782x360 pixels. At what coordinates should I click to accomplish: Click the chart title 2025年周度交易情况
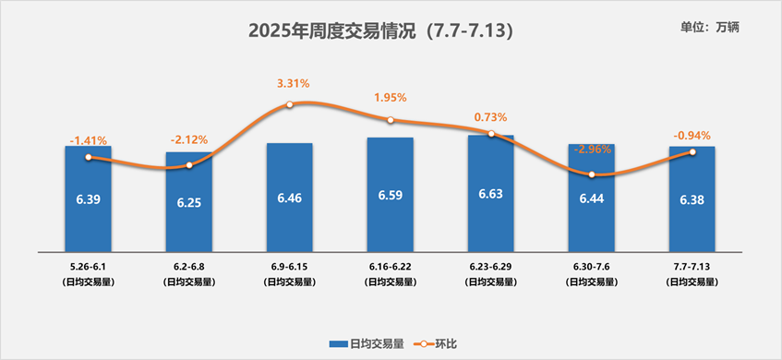(379, 30)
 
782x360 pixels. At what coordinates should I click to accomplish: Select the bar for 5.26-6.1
(88, 198)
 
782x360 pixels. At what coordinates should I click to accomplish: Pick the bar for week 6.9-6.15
(289, 197)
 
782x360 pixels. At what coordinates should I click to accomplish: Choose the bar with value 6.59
(390, 194)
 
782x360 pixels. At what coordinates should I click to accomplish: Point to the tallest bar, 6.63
(490, 193)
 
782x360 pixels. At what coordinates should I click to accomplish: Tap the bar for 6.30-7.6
(591, 197)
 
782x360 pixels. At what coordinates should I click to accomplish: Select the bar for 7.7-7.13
(692, 198)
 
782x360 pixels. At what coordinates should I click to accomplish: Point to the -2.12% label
(188, 140)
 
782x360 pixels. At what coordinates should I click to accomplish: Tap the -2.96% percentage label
(591, 150)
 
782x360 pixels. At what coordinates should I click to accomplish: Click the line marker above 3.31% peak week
(289, 104)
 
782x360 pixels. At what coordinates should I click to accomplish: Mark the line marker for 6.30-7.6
(591, 174)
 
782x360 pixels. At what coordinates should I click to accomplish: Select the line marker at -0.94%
(692, 152)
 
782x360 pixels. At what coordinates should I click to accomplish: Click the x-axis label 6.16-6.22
(390, 265)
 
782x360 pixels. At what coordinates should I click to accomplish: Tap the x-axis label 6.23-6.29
(490, 265)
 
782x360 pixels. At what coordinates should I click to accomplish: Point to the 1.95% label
(391, 97)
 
